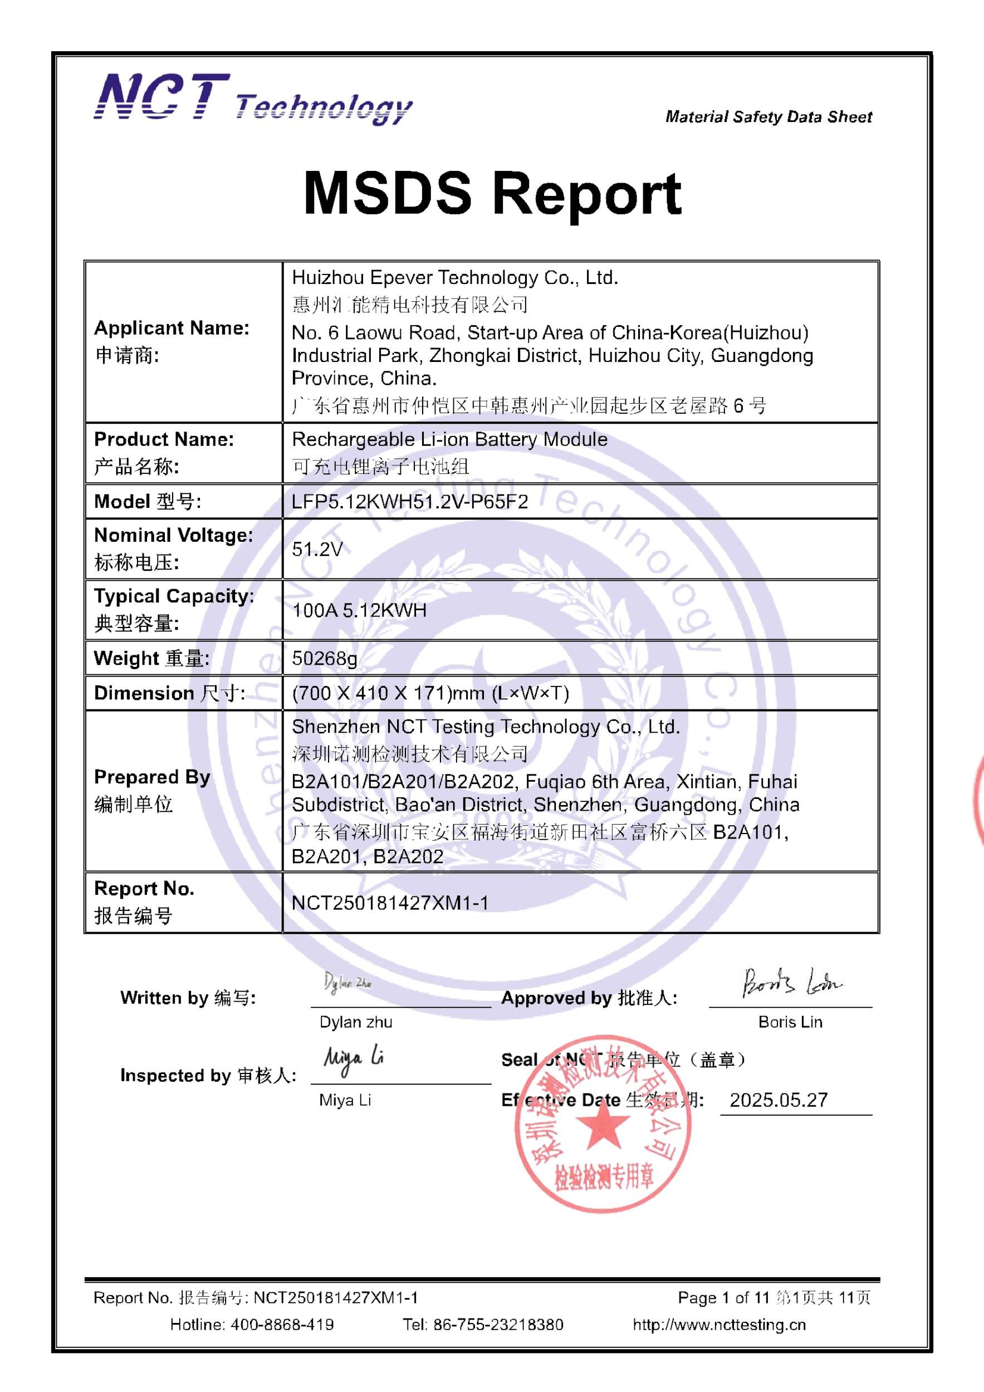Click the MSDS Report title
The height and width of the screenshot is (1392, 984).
[492, 193]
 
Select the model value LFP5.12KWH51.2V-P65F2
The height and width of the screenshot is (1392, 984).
[410, 501]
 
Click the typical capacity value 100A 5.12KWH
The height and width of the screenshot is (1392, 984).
[360, 610]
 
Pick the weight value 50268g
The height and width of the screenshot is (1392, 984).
[324, 658]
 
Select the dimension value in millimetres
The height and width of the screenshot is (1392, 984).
[430, 693]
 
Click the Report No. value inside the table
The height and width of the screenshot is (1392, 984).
[390, 903]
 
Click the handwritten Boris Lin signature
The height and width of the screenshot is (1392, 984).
[792, 983]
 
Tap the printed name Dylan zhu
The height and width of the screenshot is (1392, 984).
[356, 1022]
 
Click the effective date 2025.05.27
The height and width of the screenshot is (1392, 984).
[779, 1100]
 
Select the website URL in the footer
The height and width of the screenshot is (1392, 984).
[719, 1325]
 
